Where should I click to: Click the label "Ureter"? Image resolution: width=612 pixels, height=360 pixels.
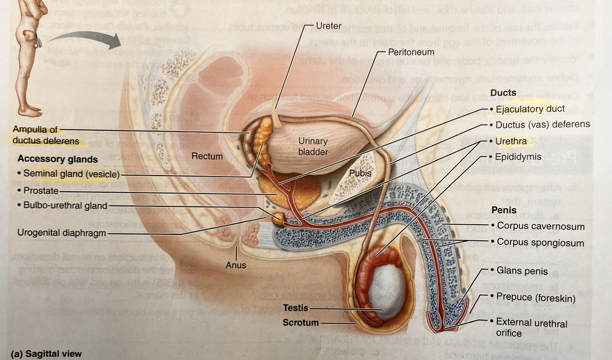click(328, 26)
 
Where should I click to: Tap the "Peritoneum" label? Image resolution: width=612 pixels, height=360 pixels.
click(411, 52)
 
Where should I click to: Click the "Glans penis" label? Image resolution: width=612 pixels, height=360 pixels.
click(522, 271)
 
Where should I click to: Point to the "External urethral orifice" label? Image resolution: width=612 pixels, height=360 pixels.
click(531, 327)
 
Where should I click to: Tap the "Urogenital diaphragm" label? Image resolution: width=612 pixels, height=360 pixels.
click(61, 233)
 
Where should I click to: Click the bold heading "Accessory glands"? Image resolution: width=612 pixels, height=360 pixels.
click(58, 160)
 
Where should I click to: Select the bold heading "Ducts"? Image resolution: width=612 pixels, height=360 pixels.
click(503, 93)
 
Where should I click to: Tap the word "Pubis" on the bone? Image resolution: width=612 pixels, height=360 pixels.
click(360, 173)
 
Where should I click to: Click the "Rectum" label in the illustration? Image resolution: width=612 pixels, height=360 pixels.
click(207, 156)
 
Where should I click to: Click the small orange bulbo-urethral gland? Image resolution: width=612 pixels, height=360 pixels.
click(278, 218)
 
